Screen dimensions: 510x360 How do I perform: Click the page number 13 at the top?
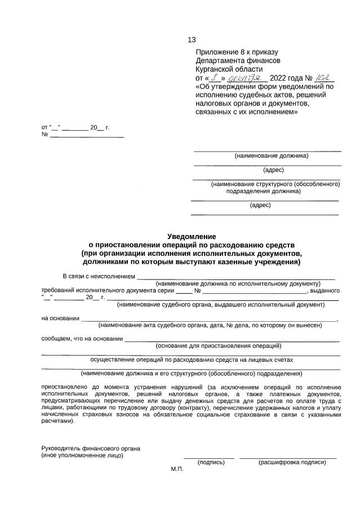(x=192, y=39)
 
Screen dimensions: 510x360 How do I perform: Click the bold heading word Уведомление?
(x=192, y=237)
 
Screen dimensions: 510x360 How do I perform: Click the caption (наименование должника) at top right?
(x=271, y=156)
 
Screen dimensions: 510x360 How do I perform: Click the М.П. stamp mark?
(x=177, y=469)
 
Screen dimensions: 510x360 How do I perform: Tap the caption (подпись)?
(x=211, y=462)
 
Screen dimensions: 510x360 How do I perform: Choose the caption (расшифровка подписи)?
(x=292, y=462)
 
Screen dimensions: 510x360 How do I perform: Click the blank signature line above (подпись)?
(x=209, y=457)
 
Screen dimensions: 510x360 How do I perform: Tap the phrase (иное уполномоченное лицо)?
(x=82, y=455)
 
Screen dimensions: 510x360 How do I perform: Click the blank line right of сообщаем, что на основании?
(x=232, y=339)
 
